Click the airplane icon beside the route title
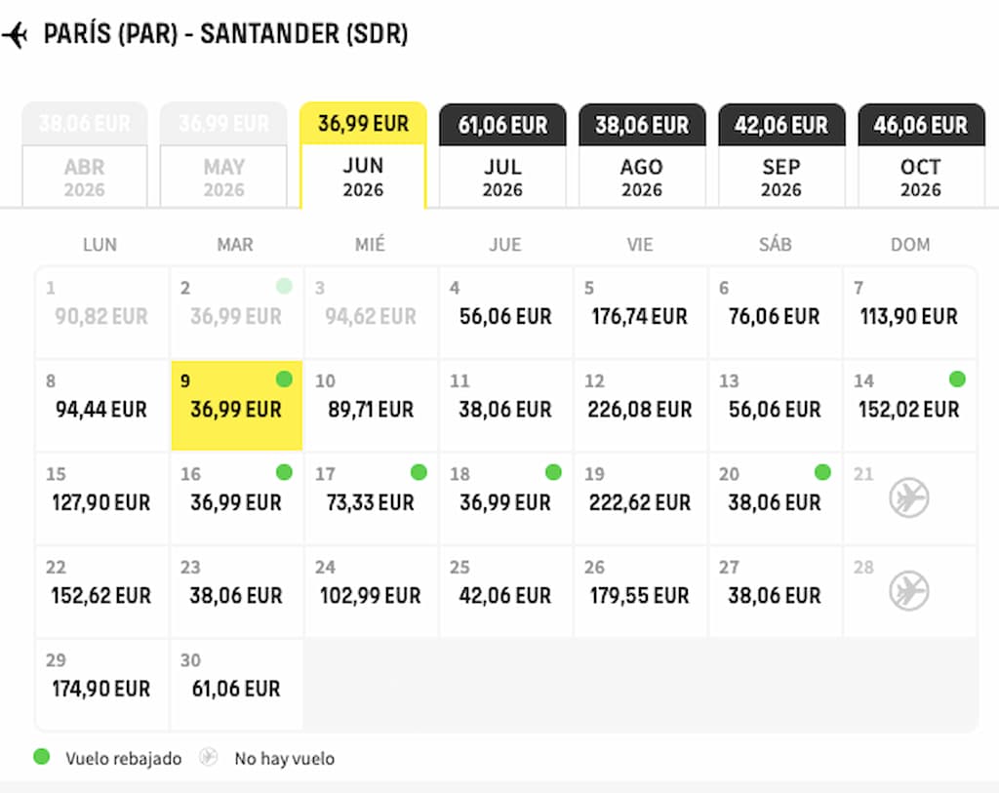point(16,35)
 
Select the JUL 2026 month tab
point(502,156)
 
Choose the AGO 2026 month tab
point(642,156)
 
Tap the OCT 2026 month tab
point(921,156)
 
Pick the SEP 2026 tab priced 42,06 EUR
point(781,156)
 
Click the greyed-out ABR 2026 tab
point(85,156)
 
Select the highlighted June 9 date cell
point(236,406)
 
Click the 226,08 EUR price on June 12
point(640,410)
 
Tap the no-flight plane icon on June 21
point(909,498)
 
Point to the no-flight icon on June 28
point(909,591)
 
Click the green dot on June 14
point(957,379)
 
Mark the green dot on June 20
point(822,472)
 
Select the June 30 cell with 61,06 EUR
point(236,685)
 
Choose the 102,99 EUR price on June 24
point(371,596)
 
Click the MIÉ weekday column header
point(370,245)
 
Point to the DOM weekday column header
point(909,245)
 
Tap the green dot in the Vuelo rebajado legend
point(42,757)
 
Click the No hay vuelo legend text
point(284,759)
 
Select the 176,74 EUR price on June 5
point(640,317)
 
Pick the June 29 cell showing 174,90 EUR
point(101,685)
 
